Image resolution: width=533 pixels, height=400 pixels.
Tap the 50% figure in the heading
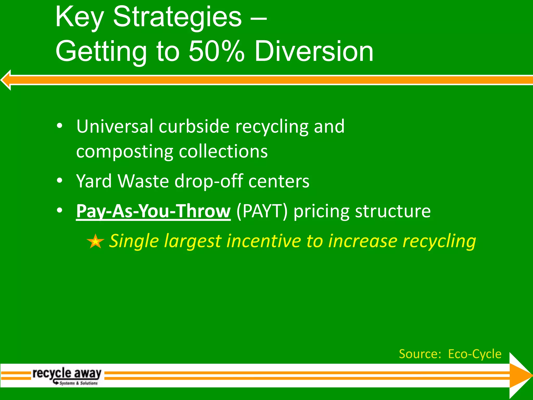pyautogui.click(x=216, y=52)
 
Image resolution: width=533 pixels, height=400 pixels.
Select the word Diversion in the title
pyautogui.click(x=314, y=52)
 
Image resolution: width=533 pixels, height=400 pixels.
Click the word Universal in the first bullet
pyautogui.click(x=115, y=126)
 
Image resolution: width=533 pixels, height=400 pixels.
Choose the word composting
pyautogui.click(x=125, y=152)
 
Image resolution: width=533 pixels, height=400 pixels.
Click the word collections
pyautogui.click(x=223, y=152)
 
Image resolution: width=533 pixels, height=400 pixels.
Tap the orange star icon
pyautogui.click(x=95, y=241)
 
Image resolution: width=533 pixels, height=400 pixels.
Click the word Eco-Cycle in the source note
pyautogui.click(x=475, y=354)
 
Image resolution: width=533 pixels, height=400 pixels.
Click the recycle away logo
pyautogui.click(x=67, y=376)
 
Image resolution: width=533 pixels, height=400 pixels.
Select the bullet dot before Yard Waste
pyautogui.click(x=60, y=180)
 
